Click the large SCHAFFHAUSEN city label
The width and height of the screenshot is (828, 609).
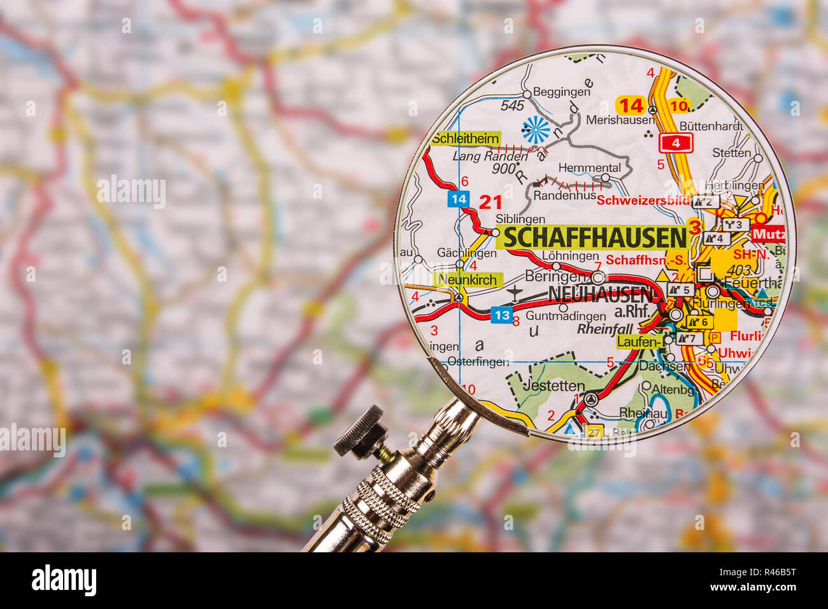[x=594, y=238]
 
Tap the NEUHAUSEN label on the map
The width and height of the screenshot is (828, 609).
[x=601, y=294]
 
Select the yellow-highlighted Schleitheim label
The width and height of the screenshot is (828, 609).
[x=466, y=138]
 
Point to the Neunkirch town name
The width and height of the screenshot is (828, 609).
[x=469, y=280]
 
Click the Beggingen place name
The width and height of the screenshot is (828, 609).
[x=561, y=92]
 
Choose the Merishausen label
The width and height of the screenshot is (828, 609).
[x=620, y=120]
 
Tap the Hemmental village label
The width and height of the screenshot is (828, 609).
[x=589, y=168]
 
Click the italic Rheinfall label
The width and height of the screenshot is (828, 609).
[x=605, y=329]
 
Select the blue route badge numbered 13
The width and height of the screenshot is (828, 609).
[x=502, y=314]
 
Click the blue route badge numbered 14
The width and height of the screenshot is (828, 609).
[x=457, y=199]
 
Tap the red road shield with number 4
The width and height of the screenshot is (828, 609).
[x=675, y=143]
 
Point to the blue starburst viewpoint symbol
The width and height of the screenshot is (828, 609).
[x=535, y=131]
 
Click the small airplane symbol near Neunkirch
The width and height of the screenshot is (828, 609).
[x=515, y=292]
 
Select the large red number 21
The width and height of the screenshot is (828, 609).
[x=490, y=202]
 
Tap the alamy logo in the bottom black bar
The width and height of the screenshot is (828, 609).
[x=64, y=580]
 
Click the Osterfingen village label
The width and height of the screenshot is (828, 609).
[x=478, y=361]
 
